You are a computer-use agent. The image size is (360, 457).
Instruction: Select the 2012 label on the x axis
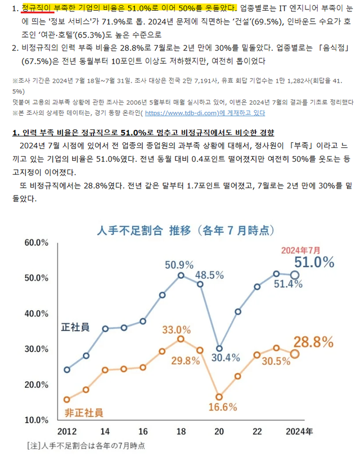(67, 431)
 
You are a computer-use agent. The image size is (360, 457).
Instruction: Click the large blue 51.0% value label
(314, 262)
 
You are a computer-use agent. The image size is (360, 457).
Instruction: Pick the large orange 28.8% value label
(314, 342)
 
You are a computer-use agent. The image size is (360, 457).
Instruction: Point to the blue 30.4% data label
(226, 357)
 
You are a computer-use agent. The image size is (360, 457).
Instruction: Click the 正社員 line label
(75, 328)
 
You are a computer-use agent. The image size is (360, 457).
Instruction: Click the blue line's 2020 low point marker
(219, 349)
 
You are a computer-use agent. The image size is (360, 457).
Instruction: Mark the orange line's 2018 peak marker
(181, 339)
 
